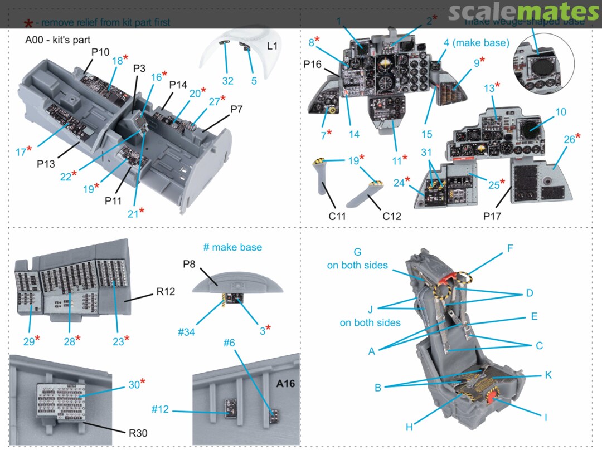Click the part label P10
click(100, 52)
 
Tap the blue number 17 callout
click(21, 151)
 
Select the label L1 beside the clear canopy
click(272, 46)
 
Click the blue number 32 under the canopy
click(227, 81)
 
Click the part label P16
click(313, 65)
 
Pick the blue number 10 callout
click(560, 112)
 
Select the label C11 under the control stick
click(337, 216)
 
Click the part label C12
click(391, 216)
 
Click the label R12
click(166, 291)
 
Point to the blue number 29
click(29, 341)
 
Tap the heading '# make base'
click(232, 247)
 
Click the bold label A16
click(285, 384)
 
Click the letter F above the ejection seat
click(509, 248)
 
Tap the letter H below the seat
click(409, 427)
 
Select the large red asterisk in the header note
click(28, 25)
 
